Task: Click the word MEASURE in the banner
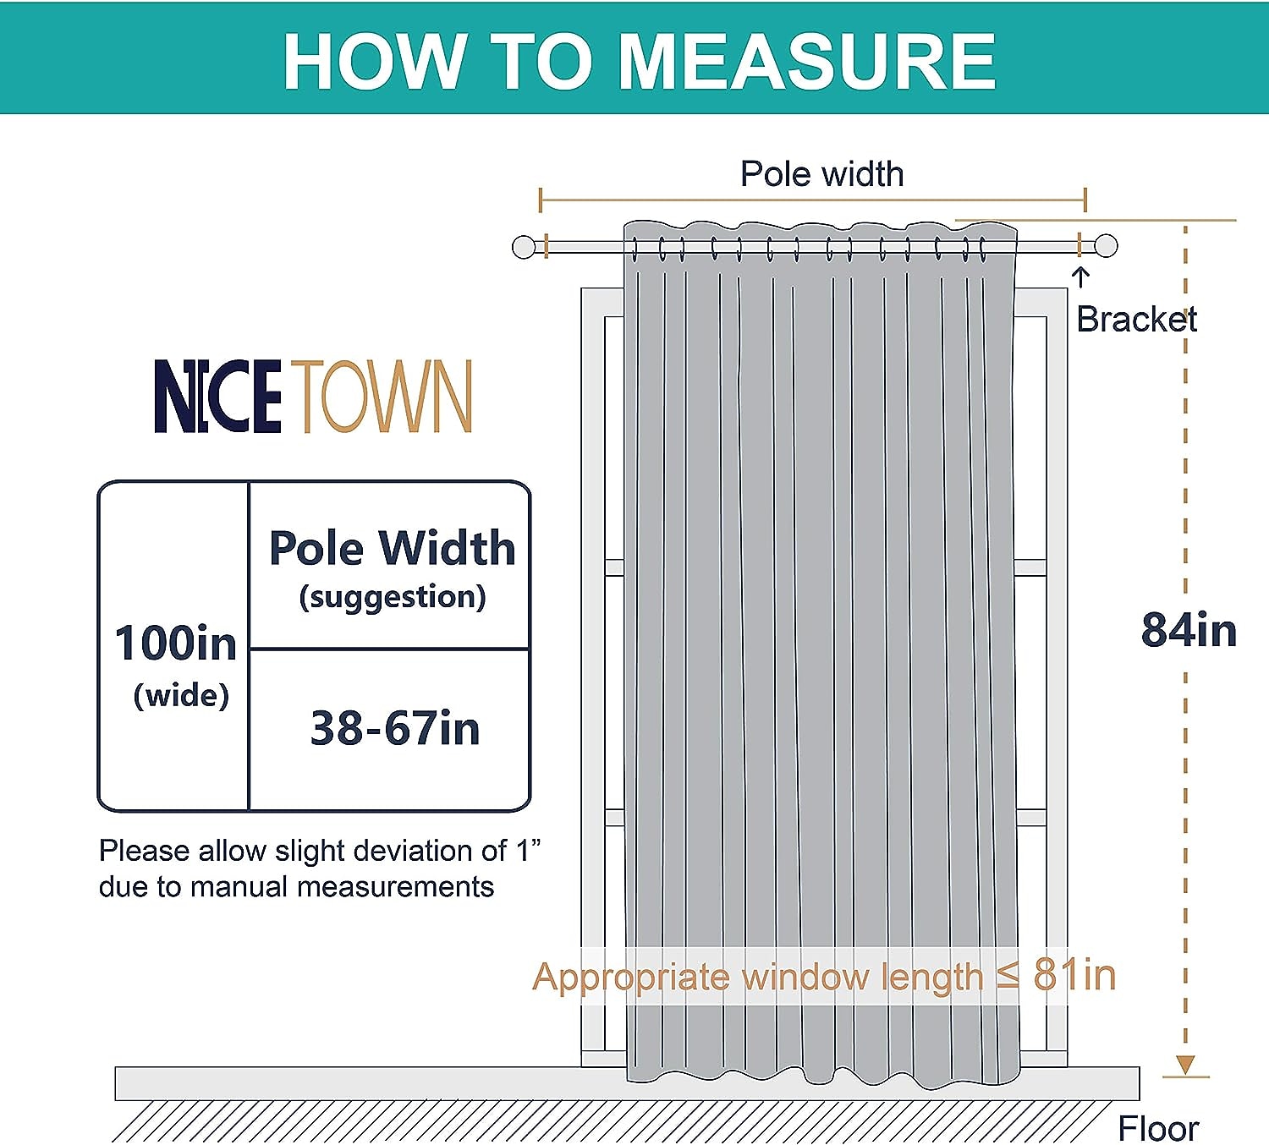point(806,62)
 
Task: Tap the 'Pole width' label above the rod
point(821,174)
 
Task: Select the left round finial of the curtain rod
point(524,247)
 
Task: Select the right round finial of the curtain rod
point(1106,245)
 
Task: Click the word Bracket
point(1136,319)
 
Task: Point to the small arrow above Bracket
point(1080,277)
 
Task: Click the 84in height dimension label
point(1189,631)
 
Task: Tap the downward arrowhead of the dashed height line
point(1185,1064)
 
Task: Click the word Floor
point(1158,1128)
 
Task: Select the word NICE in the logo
point(217,396)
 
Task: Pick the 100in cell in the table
point(175,643)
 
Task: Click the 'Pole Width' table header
point(393,547)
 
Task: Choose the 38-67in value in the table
point(395,728)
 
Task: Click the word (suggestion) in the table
point(393,596)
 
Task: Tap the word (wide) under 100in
point(181,696)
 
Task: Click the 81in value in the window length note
point(1074,975)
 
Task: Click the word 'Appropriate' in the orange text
point(631,978)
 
